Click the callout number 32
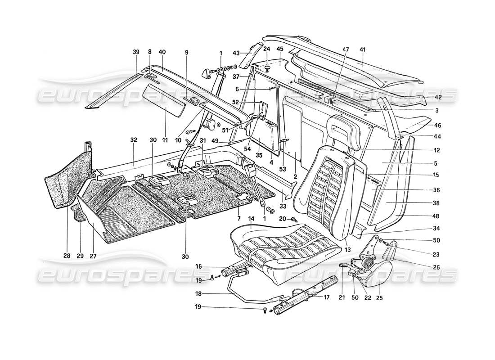(x=133, y=140)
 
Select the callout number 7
(x=238, y=211)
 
